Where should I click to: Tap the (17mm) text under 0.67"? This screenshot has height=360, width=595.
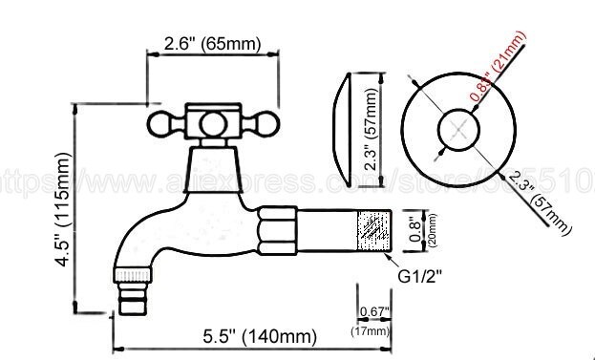[x=373, y=330]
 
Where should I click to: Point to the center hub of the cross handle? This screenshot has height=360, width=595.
[x=207, y=122]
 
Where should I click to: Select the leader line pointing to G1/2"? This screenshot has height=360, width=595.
[x=391, y=262]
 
